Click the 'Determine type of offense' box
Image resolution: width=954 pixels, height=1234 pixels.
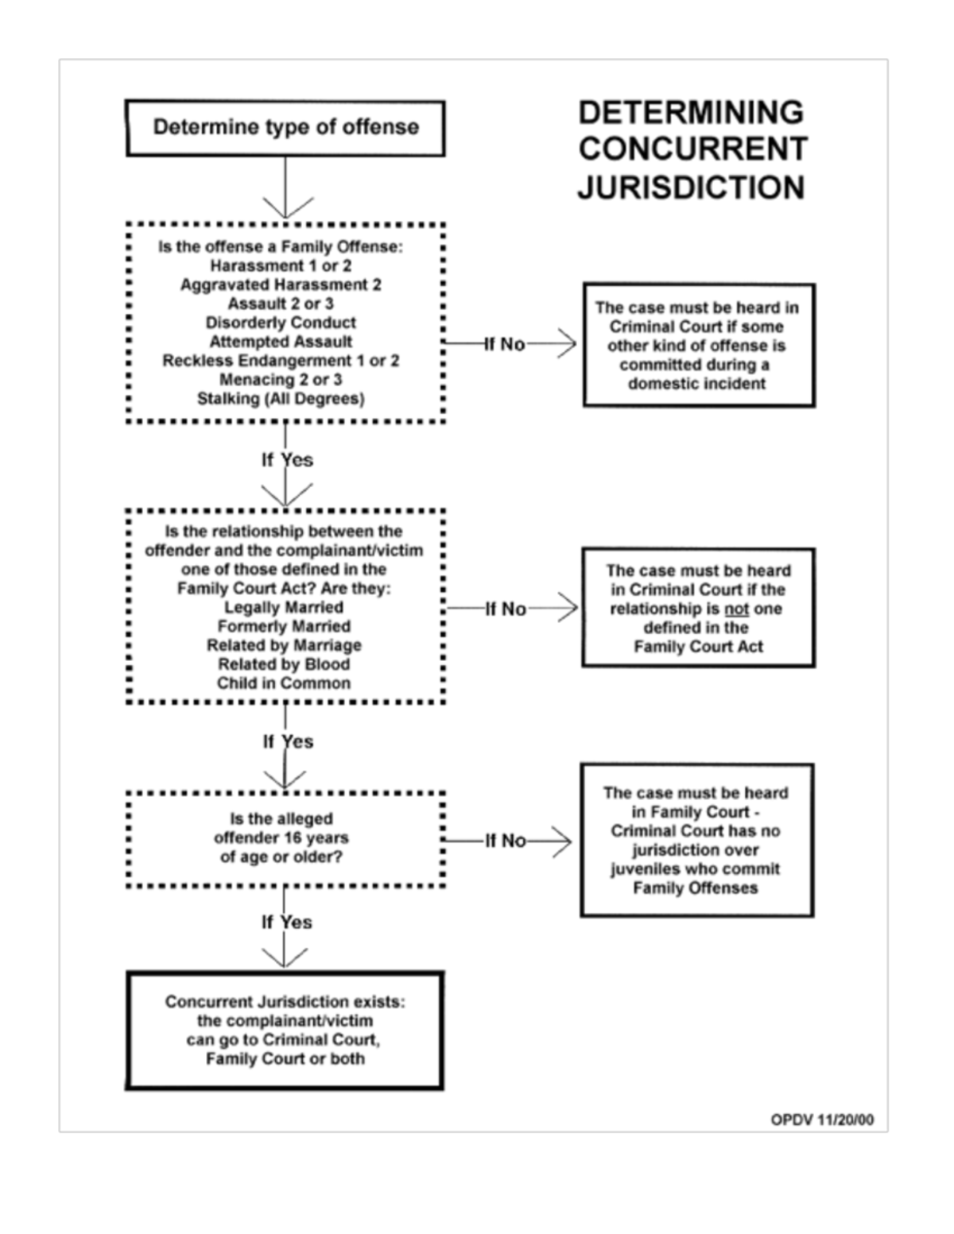[x=285, y=127]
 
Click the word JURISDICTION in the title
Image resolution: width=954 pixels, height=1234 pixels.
[x=691, y=188]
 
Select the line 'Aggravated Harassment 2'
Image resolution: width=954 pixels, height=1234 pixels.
[x=281, y=284]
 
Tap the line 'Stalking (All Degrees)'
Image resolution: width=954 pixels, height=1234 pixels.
[x=281, y=399]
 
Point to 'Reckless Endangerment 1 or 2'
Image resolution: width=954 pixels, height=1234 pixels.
[x=281, y=361]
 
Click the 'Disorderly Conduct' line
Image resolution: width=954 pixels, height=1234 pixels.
[x=281, y=323]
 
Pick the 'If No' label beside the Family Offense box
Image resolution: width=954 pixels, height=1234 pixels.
[x=505, y=344]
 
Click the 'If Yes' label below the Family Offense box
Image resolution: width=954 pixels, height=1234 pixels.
[x=287, y=460]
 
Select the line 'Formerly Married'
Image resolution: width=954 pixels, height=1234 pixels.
[x=284, y=626]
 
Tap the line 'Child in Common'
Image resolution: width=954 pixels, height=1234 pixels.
[x=284, y=683]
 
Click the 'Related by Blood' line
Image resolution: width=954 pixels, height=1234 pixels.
[x=284, y=664]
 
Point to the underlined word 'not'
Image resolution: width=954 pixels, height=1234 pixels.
[x=736, y=609]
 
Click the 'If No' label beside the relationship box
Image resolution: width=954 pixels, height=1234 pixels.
[x=506, y=609]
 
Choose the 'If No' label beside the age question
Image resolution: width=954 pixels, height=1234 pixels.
[x=506, y=841]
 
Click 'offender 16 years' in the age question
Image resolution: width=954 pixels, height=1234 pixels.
[x=281, y=838]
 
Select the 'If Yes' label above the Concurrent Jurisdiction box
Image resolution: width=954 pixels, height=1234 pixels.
[x=287, y=923]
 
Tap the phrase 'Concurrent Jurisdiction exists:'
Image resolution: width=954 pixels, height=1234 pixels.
[x=285, y=1002]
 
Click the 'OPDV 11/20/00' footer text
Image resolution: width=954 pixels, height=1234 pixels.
[x=821, y=1120]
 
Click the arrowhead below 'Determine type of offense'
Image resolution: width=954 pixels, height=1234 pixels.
[x=286, y=209]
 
